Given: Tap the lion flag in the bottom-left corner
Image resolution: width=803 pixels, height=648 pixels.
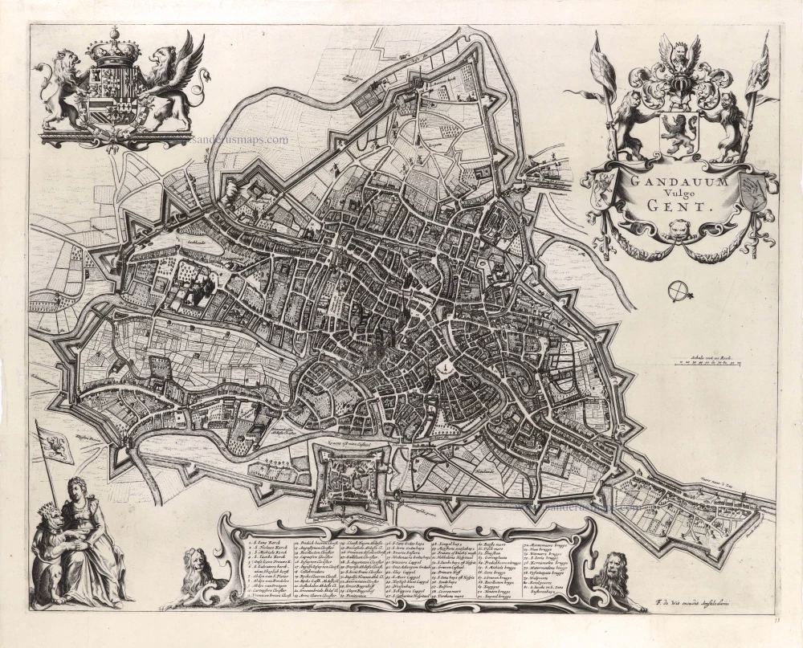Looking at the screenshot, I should pyautogui.click(x=56, y=443).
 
